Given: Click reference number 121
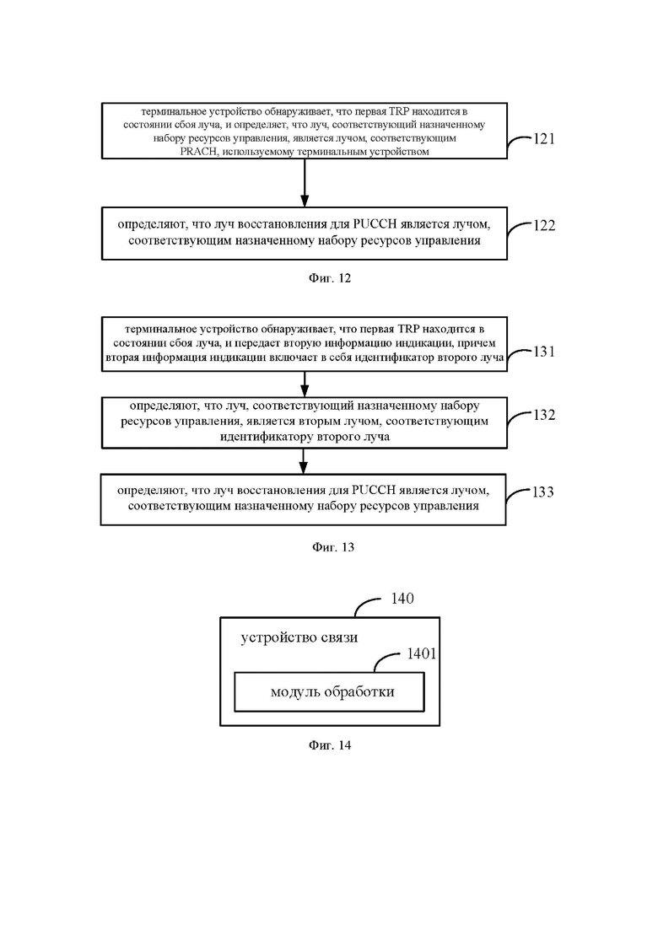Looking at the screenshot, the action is (x=544, y=139).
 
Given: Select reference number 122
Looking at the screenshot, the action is (x=544, y=225).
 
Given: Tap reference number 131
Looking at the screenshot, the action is (x=543, y=352).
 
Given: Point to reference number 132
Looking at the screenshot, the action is (x=544, y=415).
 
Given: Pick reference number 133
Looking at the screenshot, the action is (x=543, y=492).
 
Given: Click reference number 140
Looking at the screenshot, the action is (x=402, y=599).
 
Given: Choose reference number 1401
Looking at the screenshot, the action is (x=421, y=653).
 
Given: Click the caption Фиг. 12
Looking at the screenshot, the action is (x=330, y=278).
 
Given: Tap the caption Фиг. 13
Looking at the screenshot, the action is (x=333, y=547).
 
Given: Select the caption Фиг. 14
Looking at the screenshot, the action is (x=330, y=745).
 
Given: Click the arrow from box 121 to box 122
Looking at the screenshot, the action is (x=305, y=183).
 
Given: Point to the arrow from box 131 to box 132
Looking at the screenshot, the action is (x=305, y=384).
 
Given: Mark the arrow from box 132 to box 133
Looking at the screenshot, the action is (x=304, y=461).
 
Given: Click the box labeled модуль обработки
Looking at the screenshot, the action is (x=329, y=691).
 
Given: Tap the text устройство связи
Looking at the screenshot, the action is (x=299, y=637).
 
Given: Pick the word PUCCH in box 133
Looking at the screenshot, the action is (x=372, y=491).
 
